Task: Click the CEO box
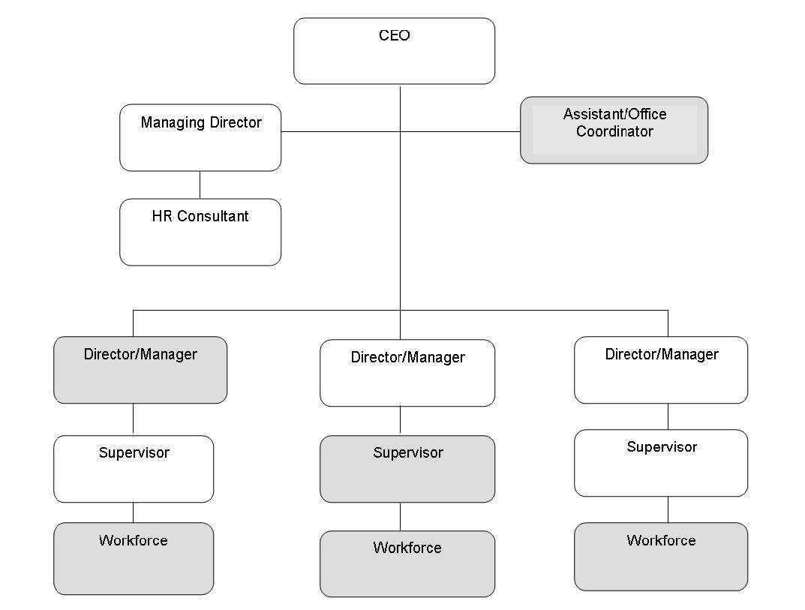pos(395,51)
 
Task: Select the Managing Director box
pos(200,137)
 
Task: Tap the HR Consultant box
pos(200,232)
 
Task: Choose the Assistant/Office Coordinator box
pos(614,130)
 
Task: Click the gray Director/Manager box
pos(140,370)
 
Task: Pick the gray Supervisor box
pos(407,469)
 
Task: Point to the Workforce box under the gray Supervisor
pos(407,563)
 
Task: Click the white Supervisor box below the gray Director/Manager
pos(134,469)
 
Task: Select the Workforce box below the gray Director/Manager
pos(134,559)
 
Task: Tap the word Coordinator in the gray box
pos(614,131)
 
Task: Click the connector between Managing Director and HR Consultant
pos(200,185)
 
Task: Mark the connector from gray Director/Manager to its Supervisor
pos(133,419)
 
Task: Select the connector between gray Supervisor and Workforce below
pos(401,516)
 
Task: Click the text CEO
pos(395,35)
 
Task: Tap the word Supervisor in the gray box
pos(408,453)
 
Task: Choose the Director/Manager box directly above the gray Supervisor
pos(407,373)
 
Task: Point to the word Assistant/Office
pos(615,114)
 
